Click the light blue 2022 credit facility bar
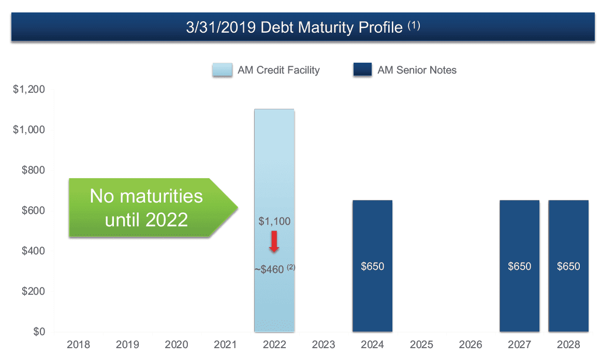(274, 155)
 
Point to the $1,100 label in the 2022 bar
(274, 222)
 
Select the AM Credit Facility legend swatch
(222, 70)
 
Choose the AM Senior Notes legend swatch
(362, 70)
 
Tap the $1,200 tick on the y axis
(29, 90)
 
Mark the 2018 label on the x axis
(78, 344)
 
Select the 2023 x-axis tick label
(324, 344)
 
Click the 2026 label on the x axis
(471, 344)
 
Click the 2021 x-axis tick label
(225, 344)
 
